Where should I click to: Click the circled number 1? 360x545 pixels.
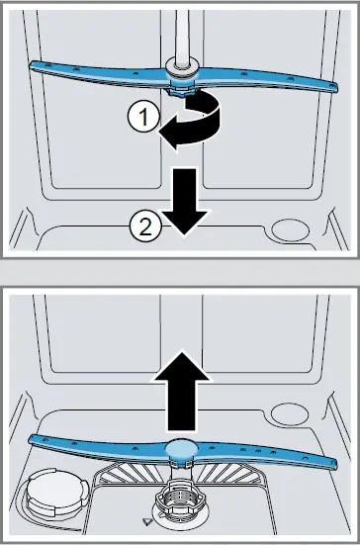[143, 117]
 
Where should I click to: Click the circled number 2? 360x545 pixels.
[143, 228]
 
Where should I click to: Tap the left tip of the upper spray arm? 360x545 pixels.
[38, 64]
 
